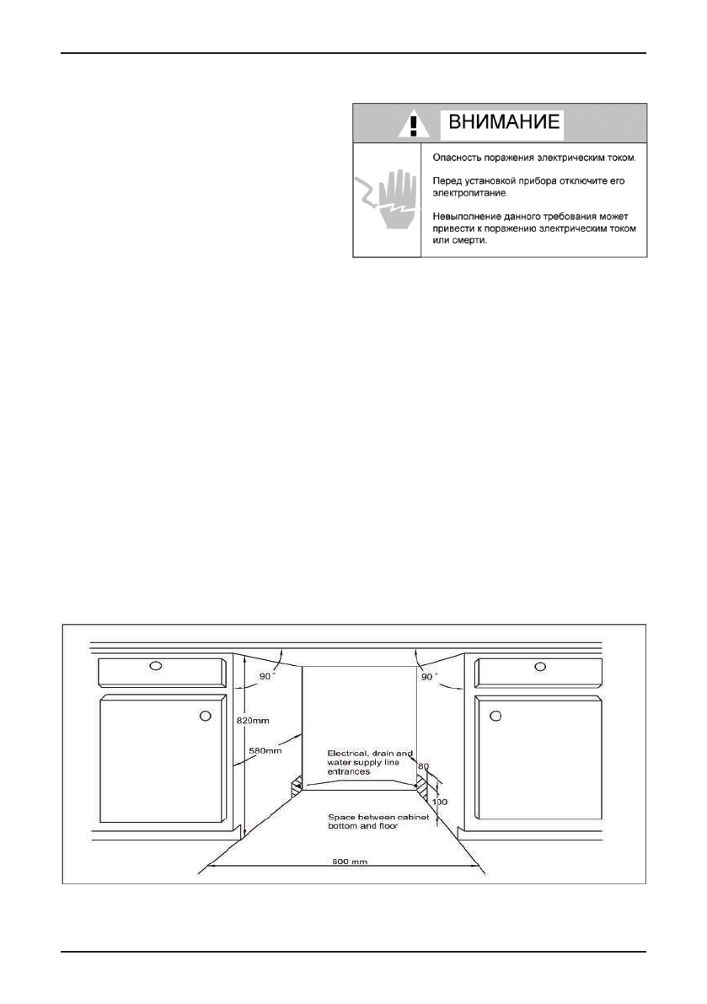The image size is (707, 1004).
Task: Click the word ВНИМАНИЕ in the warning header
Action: click(502, 122)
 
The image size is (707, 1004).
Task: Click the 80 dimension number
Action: click(424, 766)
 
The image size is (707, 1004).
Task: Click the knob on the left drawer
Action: click(155, 666)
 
